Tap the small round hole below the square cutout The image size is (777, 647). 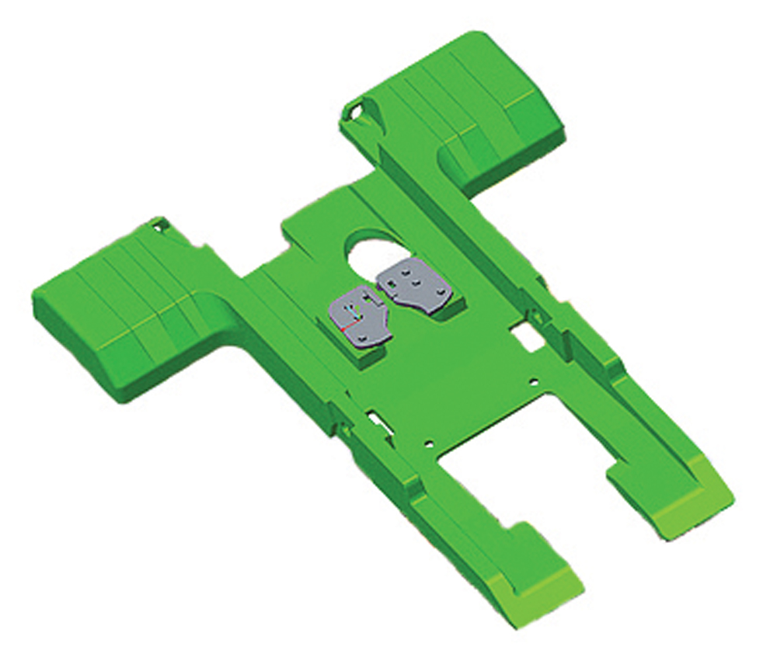[x=533, y=381]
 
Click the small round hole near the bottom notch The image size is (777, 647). [x=428, y=444]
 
